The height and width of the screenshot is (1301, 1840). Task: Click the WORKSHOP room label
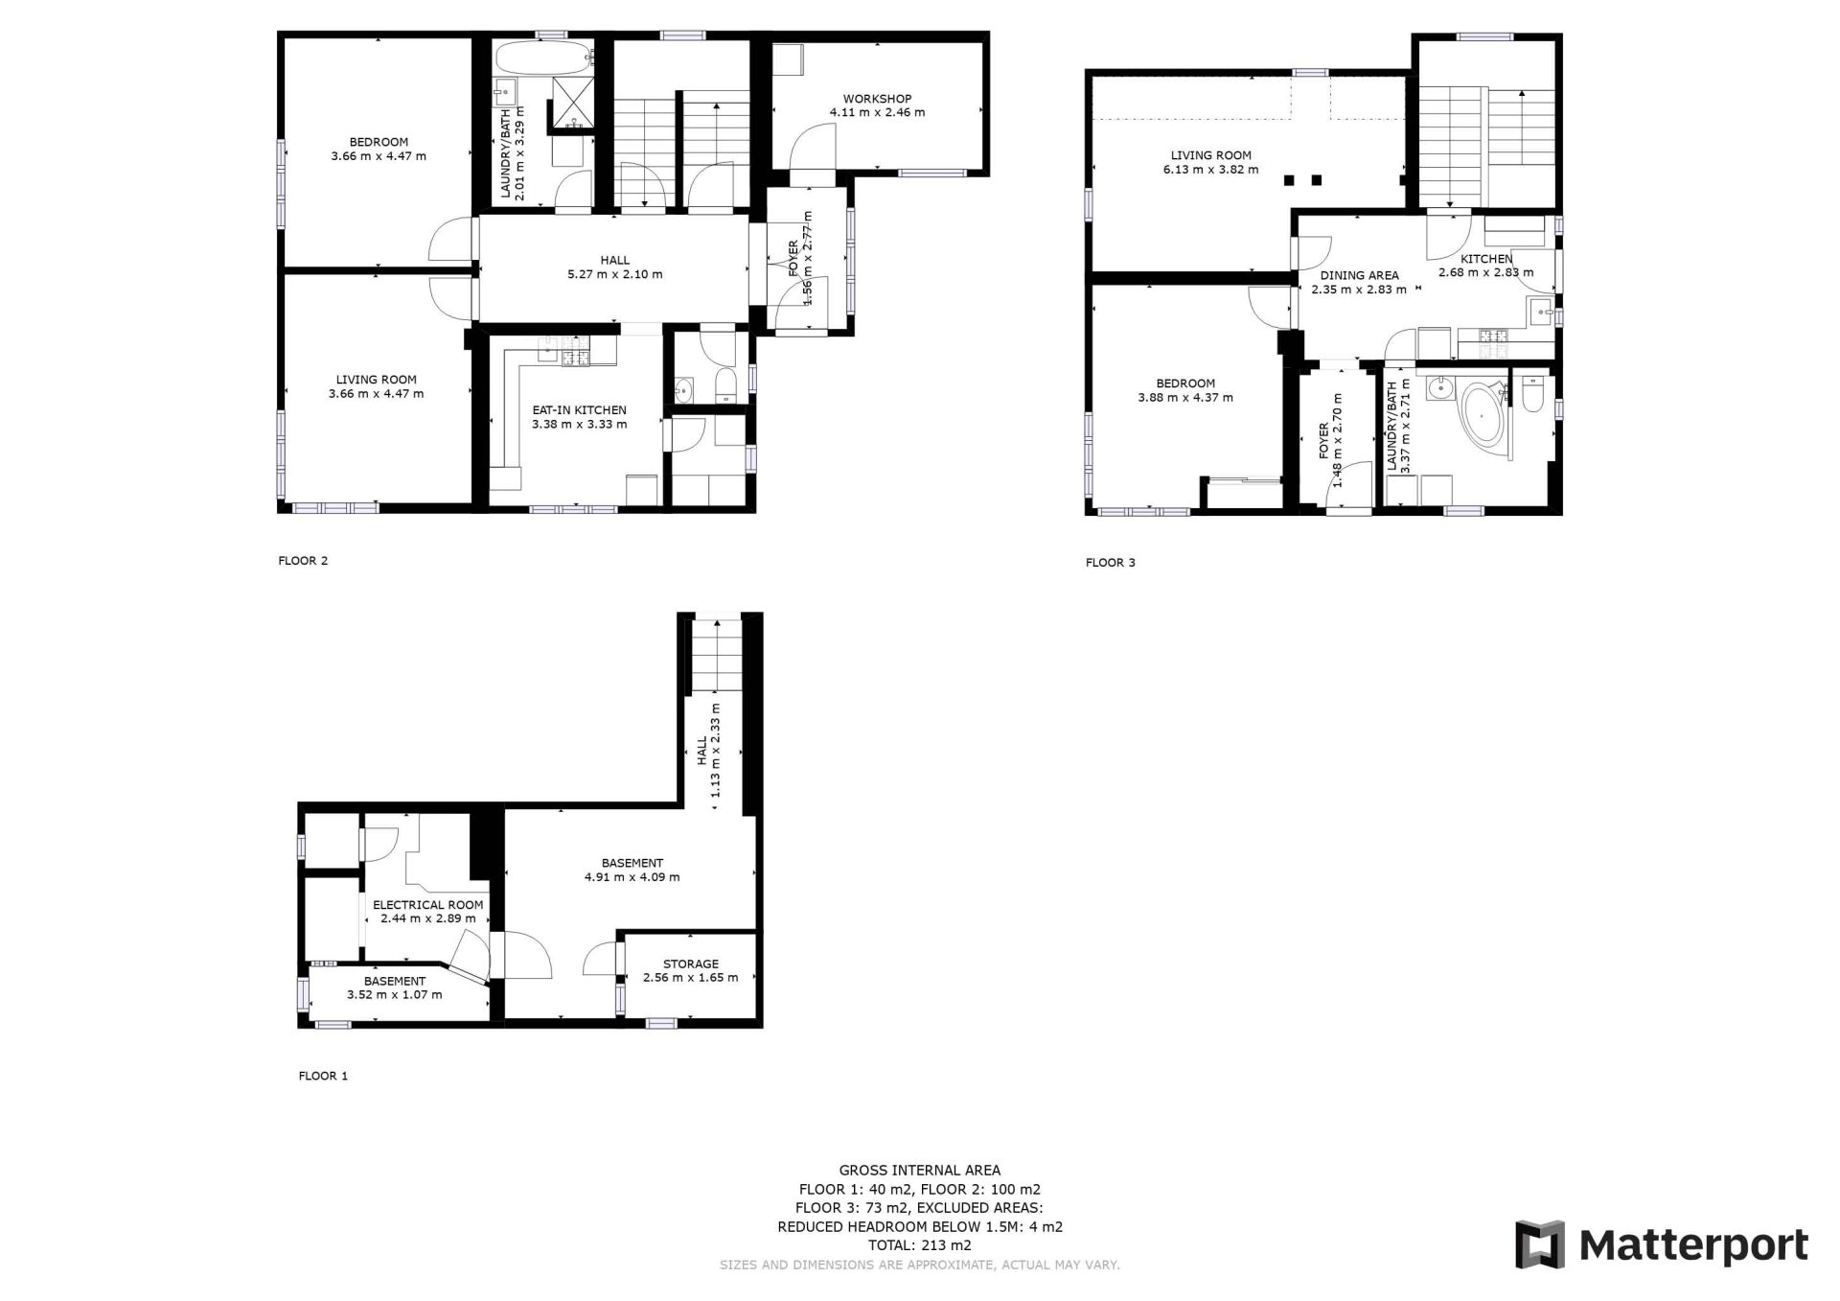coord(877,99)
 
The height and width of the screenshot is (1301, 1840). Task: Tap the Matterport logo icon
coord(1539,1244)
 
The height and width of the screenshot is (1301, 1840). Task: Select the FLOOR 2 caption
coord(303,561)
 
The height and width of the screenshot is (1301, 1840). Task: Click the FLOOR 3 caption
coord(1110,563)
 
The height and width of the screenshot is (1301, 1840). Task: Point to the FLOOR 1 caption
coord(323,1076)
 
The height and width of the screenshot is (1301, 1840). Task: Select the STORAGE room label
coord(690,964)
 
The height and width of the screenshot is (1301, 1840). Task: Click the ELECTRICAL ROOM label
coord(427,905)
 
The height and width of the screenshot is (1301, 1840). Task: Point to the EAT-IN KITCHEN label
coord(579,410)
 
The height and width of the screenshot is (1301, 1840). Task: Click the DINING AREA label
coord(1359,275)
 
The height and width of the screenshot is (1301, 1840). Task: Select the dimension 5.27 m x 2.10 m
coord(614,274)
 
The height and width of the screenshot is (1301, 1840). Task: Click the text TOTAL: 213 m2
coord(919,1245)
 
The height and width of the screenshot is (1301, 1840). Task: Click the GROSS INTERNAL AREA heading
coord(919,1171)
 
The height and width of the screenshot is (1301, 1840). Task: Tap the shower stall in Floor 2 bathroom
coord(574,102)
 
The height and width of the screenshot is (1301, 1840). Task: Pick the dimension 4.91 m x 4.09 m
coord(632,877)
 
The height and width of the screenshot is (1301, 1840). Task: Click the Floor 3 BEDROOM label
coord(1185,383)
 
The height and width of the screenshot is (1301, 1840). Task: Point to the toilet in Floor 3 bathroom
coord(1532,393)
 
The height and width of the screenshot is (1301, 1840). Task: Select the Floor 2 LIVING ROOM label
coord(376,380)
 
